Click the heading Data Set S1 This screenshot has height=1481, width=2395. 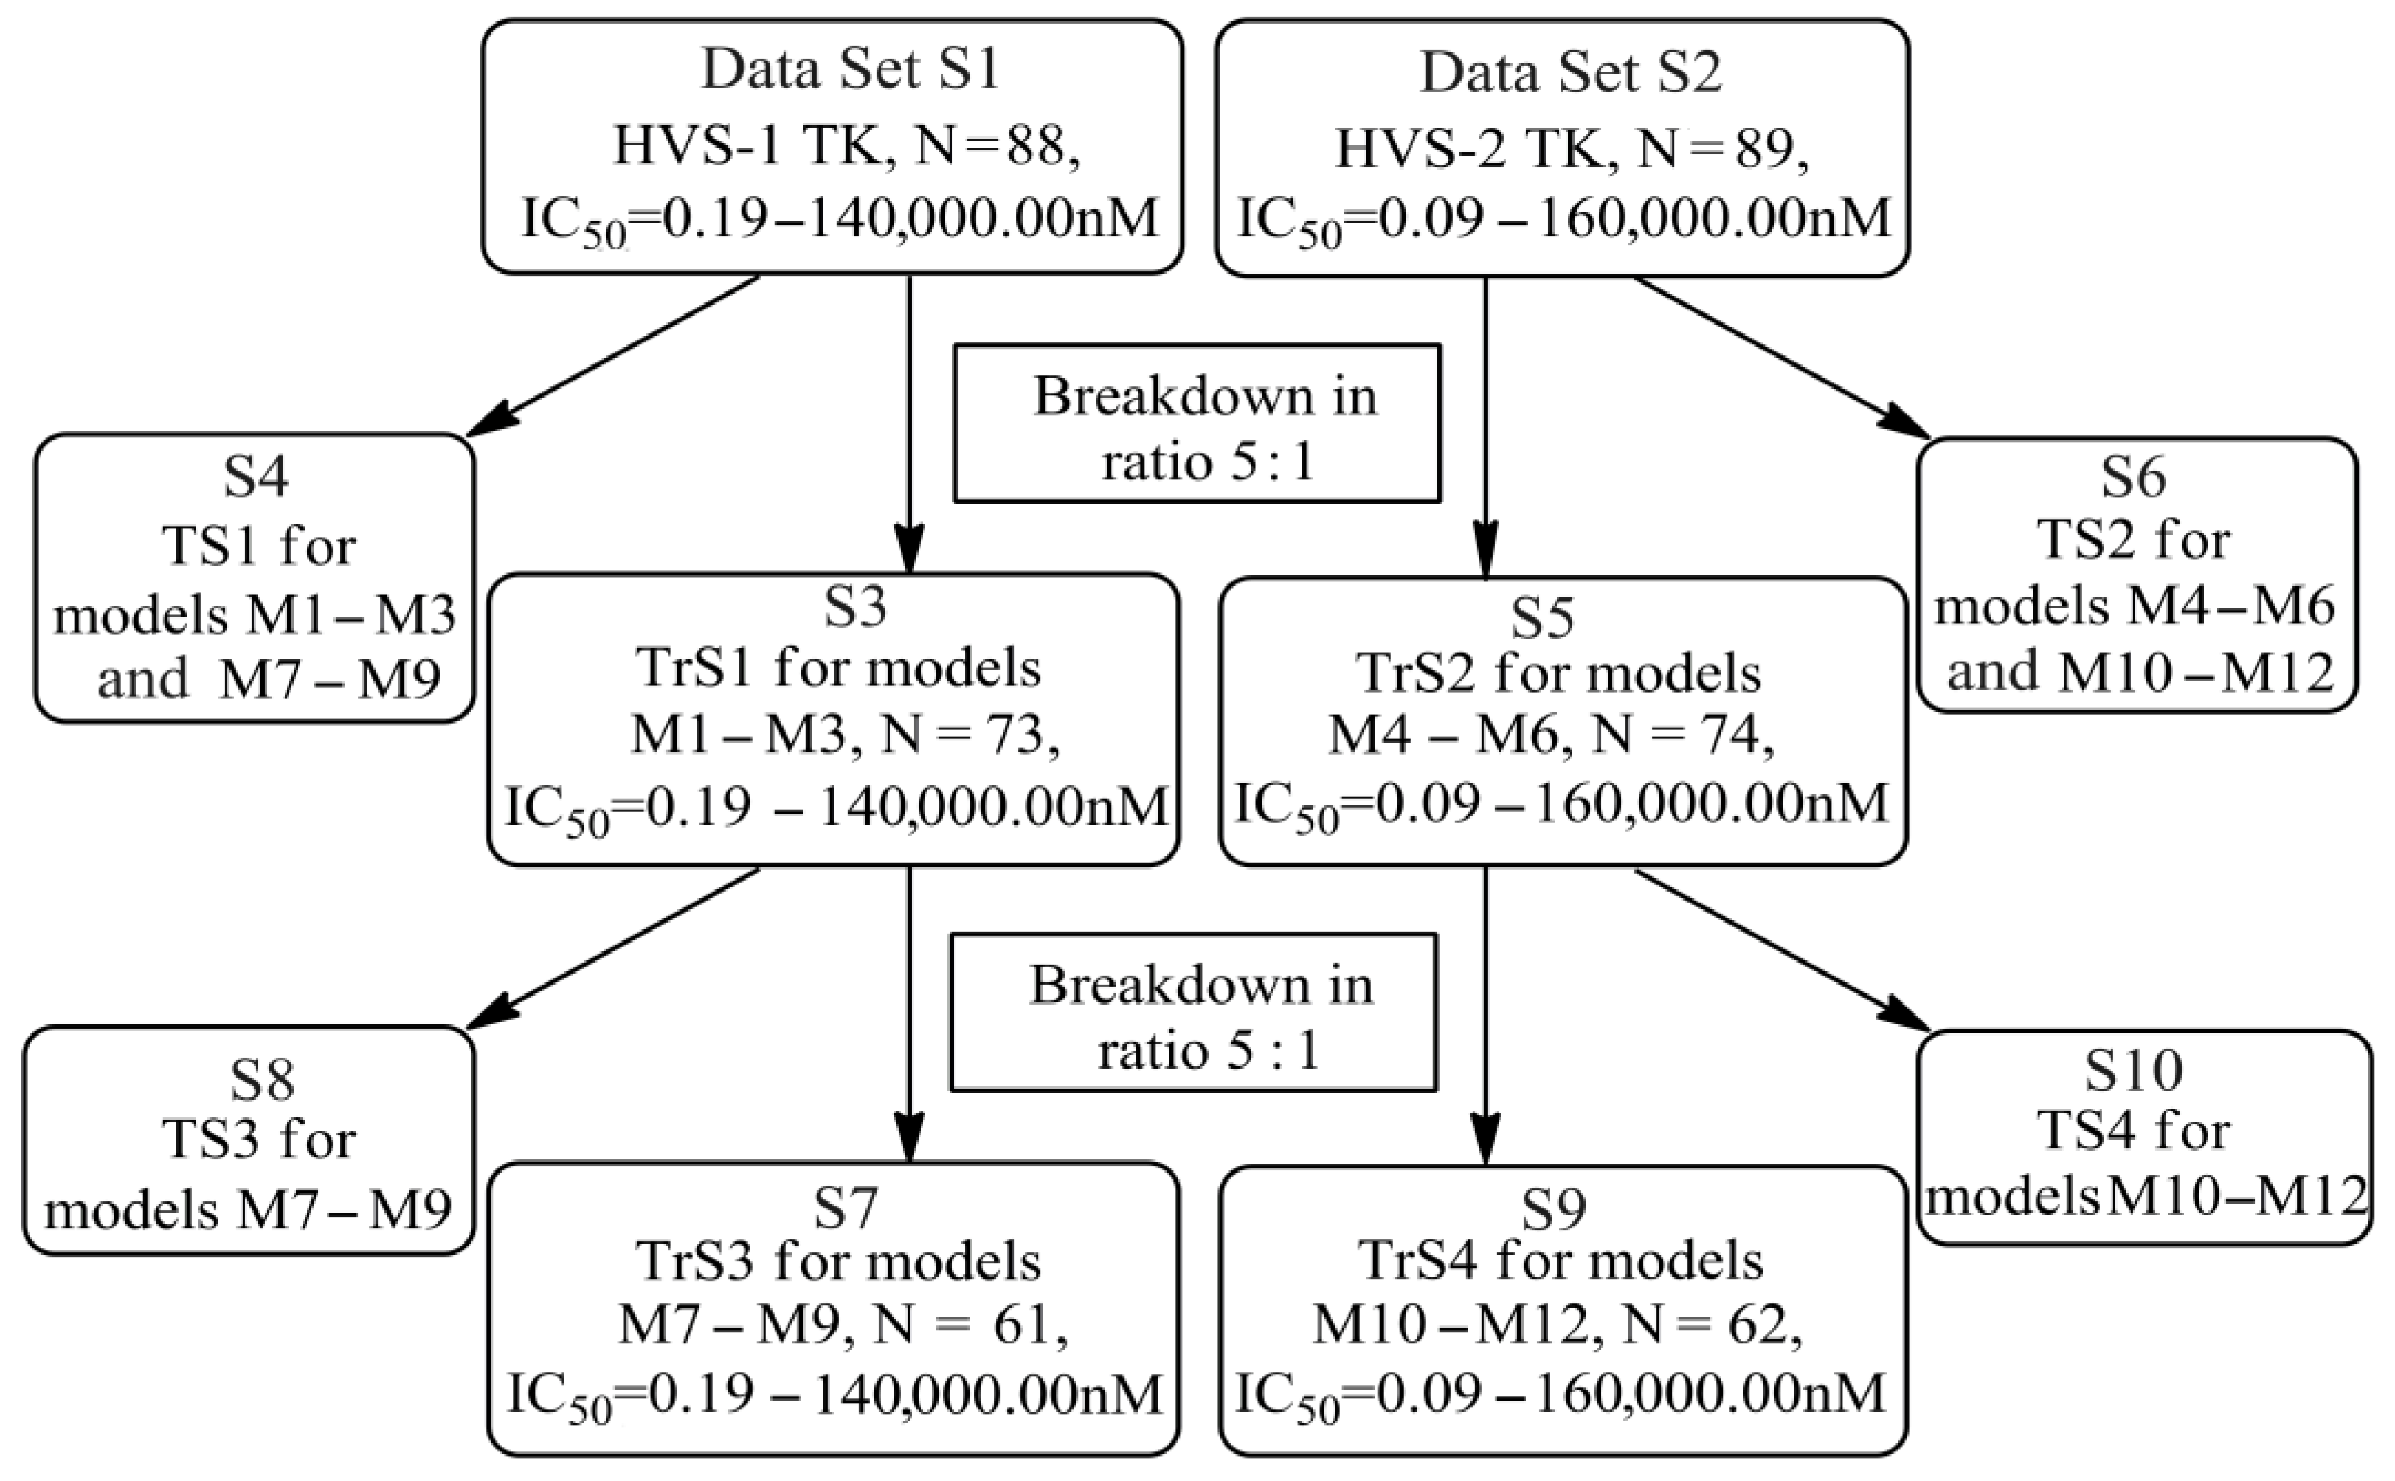click(850, 71)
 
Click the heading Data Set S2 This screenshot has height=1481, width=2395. click(1570, 72)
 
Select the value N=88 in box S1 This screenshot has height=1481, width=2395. click(996, 149)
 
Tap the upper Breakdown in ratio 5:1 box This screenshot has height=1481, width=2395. click(1197, 423)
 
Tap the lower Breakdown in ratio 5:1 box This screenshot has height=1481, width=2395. click(1194, 1012)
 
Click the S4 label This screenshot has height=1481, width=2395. click(257, 478)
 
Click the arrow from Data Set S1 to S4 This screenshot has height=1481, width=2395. click(617, 355)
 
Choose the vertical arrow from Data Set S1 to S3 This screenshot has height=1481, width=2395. click(910, 421)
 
